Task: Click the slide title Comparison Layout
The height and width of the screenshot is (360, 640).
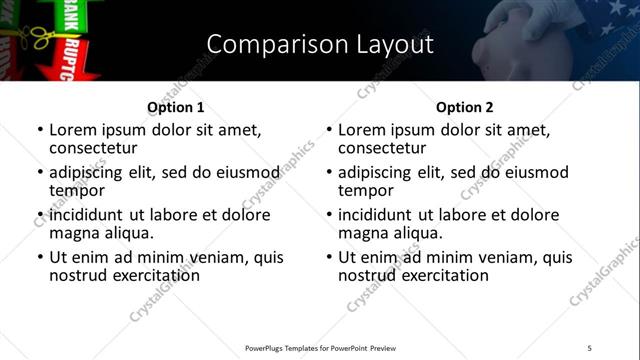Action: point(320,44)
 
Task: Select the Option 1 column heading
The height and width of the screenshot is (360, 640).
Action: point(176,107)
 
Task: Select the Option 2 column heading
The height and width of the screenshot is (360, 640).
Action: point(465,107)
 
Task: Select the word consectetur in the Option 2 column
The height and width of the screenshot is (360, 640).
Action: point(384,148)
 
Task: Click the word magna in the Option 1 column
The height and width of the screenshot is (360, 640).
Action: point(75,233)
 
